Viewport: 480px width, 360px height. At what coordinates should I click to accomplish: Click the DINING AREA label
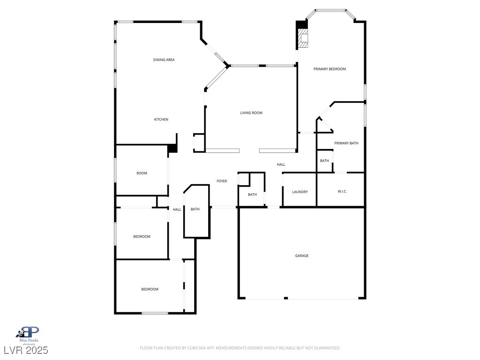tap(164, 60)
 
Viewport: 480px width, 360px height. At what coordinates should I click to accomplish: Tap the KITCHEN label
tap(161, 120)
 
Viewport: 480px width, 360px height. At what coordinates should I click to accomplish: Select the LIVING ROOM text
tap(251, 113)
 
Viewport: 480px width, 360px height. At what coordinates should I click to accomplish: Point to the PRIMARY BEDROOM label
tap(330, 69)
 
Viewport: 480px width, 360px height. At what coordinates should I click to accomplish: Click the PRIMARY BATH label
tap(346, 143)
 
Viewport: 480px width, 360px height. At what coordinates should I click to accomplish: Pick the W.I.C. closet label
tap(342, 192)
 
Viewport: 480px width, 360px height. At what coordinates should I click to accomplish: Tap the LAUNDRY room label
tap(300, 192)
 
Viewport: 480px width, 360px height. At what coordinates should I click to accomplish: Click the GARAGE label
tap(302, 256)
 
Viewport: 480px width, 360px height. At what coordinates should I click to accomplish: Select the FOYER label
tap(222, 181)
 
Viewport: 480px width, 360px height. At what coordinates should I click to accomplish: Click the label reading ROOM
tap(142, 173)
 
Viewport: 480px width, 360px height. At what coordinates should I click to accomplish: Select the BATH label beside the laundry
tap(252, 195)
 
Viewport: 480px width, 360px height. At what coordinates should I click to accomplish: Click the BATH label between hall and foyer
tap(195, 209)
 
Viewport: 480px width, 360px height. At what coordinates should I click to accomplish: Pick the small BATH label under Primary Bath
tap(324, 161)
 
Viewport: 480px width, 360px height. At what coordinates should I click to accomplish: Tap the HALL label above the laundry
tap(281, 165)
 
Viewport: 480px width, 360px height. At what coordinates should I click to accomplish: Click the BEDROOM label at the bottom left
tap(150, 289)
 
